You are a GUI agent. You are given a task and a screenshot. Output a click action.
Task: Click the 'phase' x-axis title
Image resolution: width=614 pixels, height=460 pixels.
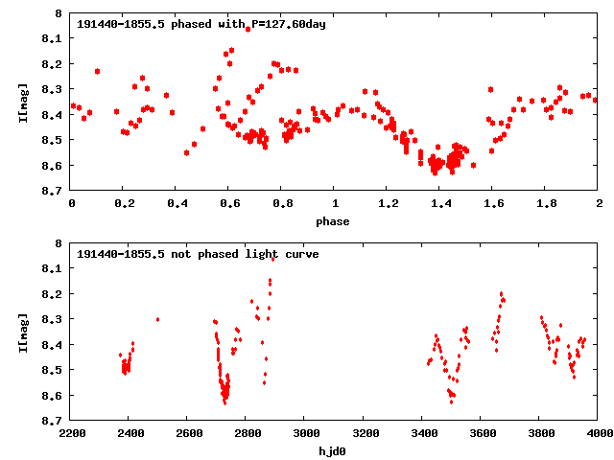click(335, 220)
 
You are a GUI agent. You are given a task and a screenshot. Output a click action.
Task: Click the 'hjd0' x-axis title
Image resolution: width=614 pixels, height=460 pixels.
click(335, 450)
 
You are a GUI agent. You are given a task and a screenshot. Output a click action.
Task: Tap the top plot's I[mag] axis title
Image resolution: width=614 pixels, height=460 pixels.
click(22, 103)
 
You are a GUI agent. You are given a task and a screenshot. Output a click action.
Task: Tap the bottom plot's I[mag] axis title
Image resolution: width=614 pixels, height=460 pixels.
click(22, 332)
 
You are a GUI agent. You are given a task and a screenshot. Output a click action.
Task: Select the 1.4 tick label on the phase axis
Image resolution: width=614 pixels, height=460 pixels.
click(440, 203)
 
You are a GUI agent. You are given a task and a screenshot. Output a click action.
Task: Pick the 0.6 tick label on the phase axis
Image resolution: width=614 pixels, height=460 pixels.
click(229, 203)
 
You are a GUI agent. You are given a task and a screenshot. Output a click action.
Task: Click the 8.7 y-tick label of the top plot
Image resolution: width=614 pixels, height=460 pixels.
click(53, 191)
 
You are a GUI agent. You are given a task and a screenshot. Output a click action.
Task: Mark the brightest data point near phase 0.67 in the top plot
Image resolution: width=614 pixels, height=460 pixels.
click(248, 29)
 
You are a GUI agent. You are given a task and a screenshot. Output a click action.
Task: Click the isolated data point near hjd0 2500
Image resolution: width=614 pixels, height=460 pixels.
click(157, 319)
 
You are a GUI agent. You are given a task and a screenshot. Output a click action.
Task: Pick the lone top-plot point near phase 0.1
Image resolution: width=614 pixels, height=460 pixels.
click(97, 71)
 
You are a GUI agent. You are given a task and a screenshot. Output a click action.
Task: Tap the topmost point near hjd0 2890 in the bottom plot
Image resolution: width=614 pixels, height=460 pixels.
click(273, 259)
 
